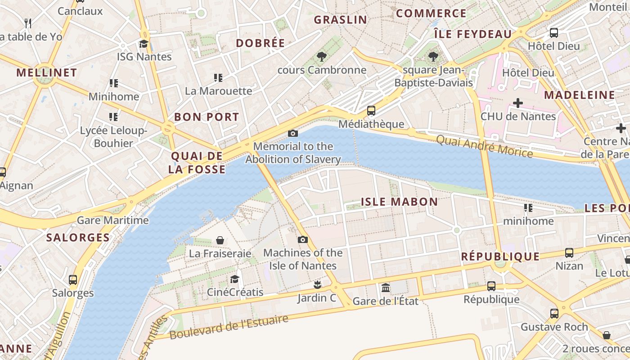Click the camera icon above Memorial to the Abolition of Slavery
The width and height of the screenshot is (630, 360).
(293, 133)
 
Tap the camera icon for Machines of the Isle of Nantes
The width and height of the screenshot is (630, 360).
(303, 239)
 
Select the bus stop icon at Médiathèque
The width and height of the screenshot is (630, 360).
(371, 110)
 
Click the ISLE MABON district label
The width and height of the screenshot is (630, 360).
(399, 202)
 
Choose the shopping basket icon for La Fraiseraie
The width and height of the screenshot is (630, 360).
(220, 240)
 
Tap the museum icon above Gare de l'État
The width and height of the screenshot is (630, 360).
(386, 288)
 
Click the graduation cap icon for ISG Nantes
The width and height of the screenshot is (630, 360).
(144, 44)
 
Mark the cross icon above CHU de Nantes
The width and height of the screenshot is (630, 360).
(518, 103)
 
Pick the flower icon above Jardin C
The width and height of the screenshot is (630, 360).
(317, 284)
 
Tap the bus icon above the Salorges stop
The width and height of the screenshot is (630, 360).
(73, 279)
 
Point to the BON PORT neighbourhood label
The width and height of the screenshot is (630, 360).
(207, 117)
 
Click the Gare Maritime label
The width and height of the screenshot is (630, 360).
(112, 220)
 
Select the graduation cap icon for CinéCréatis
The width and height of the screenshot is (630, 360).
(234, 279)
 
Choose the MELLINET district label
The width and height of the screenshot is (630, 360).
(47, 72)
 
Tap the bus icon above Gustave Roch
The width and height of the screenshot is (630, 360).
(554, 313)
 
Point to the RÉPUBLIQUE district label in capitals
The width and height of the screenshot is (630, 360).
(500, 256)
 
